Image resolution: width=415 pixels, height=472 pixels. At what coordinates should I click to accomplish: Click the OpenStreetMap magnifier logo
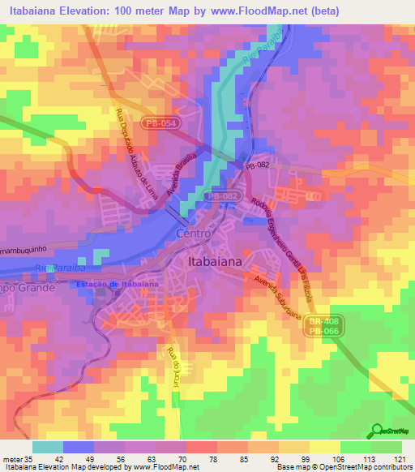[377, 431]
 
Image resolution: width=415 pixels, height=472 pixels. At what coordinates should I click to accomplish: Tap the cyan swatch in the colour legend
[47, 446]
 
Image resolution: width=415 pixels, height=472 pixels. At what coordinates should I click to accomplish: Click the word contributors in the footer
[391, 467]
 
